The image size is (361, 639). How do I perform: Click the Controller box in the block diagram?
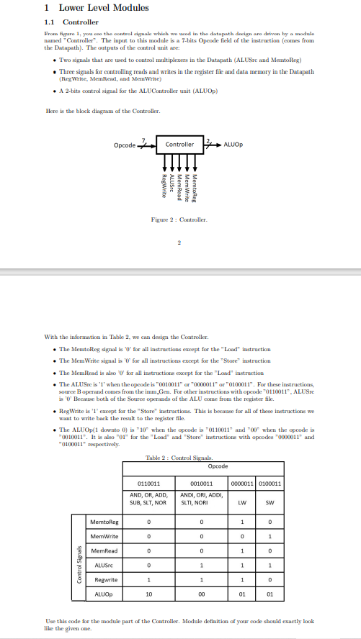click(x=180, y=145)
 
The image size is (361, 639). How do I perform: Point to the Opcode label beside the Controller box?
click(x=125, y=145)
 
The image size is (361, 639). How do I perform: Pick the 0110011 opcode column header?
click(x=148, y=484)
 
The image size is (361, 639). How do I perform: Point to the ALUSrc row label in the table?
click(x=102, y=567)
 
